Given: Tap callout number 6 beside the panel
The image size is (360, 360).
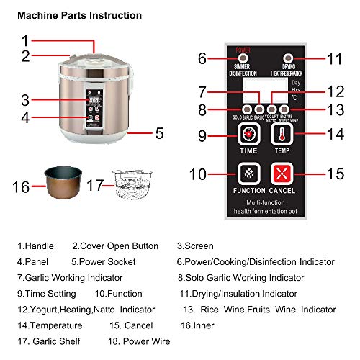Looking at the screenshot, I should pyautogui.click(x=202, y=58).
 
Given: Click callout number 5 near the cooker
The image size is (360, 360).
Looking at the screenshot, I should pyautogui.click(x=159, y=133).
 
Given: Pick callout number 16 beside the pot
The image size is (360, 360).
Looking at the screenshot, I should pyautogui.click(x=22, y=187).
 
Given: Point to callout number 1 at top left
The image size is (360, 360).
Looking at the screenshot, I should pyautogui.click(x=25, y=40).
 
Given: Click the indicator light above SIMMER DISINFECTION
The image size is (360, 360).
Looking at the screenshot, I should pyautogui.click(x=244, y=58).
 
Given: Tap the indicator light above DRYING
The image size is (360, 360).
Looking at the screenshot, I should pyautogui.click(x=288, y=58).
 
